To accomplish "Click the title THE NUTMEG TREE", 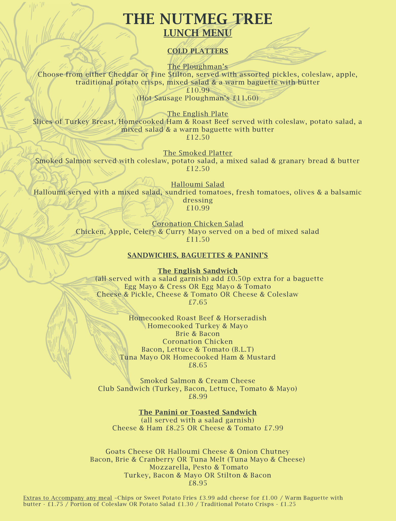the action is [x=198, y=19].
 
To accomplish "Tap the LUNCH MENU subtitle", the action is [x=198, y=33].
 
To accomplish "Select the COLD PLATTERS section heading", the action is [x=198, y=51].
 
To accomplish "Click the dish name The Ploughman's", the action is [x=198, y=67].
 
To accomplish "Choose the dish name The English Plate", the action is [x=198, y=114].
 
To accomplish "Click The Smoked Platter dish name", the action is [x=198, y=153].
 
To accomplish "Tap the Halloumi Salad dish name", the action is [x=198, y=184].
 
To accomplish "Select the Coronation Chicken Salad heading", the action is [x=198, y=224].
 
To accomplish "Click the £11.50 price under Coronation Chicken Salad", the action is [x=198, y=240].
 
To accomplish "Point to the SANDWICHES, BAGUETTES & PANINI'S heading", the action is [x=198, y=255].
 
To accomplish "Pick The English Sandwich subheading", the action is [x=198, y=271].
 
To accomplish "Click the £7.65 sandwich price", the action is [x=198, y=302].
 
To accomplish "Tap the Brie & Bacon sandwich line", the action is [x=198, y=334].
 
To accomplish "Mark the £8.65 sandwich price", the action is [x=198, y=365].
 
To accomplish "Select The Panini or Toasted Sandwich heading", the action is [x=198, y=412].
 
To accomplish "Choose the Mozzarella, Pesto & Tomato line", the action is [x=199, y=467].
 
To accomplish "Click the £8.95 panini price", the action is [x=198, y=483].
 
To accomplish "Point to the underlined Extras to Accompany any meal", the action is [x=68, y=498].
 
